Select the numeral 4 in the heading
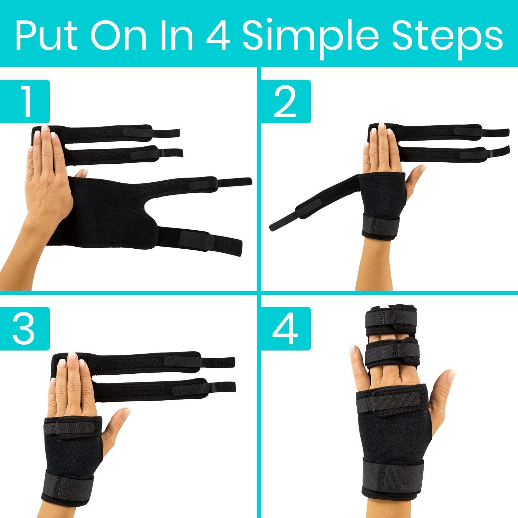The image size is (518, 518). [219, 36]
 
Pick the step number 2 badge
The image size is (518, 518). [286, 102]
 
